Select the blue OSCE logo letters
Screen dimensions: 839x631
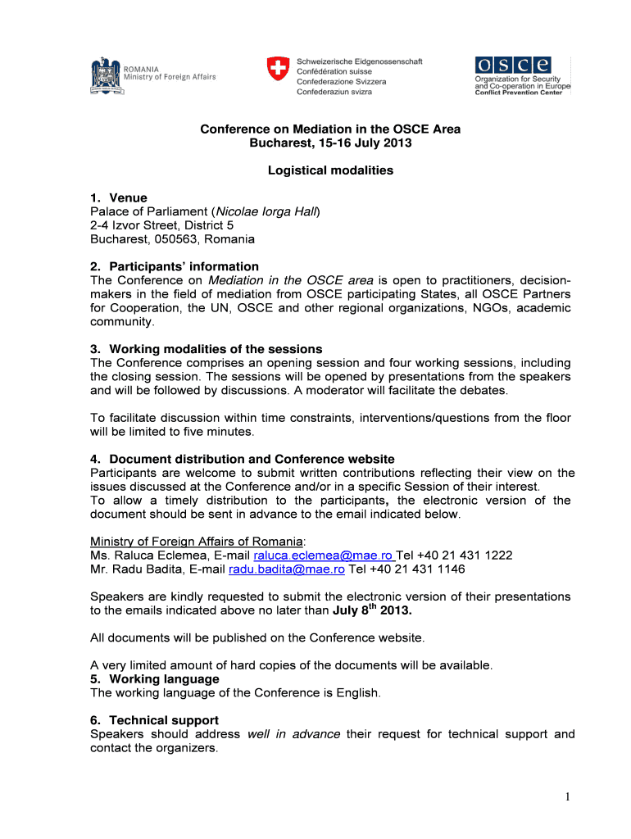point(511,66)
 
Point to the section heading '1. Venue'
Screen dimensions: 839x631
point(119,197)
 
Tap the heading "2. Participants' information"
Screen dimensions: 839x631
point(175,266)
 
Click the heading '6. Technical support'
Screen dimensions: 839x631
point(154,720)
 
